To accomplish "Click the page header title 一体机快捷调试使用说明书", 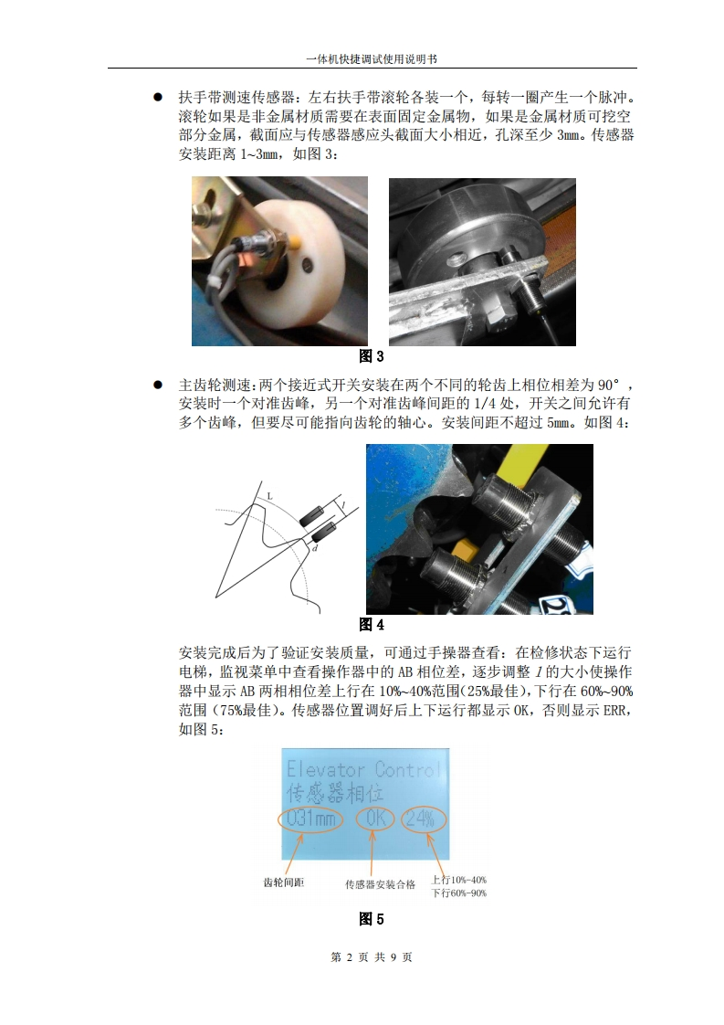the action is pyautogui.click(x=372, y=58).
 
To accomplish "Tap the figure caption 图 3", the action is pyautogui.click(x=372, y=356).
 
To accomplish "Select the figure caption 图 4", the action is pyautogui.click(x=372, y=624).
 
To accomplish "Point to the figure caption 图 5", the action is pyautogui.click(x=372, y=919).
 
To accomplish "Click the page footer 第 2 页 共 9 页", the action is pyautogui.click(x=372, y=957).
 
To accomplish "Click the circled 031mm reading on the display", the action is pyautogui.click(x=311, y=819).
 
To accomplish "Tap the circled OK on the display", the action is pyautogui.click(x=376, y=818).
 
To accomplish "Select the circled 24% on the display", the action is pyautogui.click(x=424, y=818).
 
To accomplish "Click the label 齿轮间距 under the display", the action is pyautogui.click(x=284, y=882).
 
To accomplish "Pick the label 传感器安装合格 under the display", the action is pyautogui.click(x=381, y=884).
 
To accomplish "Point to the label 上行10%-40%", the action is pyautogui.click(x=458, y=880).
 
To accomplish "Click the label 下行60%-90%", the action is pyautogui.click(x=458, y=893).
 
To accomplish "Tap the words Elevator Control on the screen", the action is pyautogui.click(x=364, y=769).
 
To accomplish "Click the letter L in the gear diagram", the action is pyautogui.click(x=270, y=497).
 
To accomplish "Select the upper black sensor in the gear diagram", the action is pyautogui.click(x=311, y=516).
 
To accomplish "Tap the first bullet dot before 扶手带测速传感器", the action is pyautogui.click(x=157, y=98).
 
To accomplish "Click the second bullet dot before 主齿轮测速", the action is pyautogui.click(x=157, y=385).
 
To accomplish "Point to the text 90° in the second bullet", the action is pyautogui.click(x=609, y=385).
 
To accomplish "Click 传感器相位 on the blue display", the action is pyautogui.click(x=334, y=794).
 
